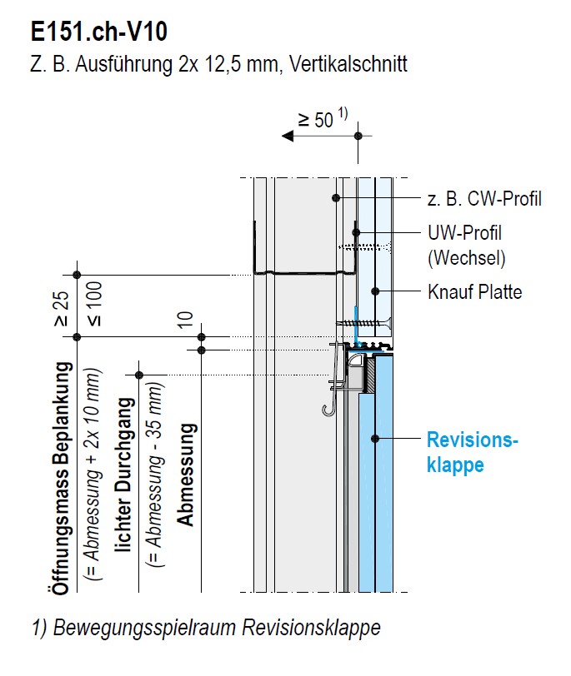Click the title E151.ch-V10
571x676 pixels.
click(99, 32)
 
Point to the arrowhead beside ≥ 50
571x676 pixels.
click(288, 135)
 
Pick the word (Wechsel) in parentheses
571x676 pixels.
click(467, 258)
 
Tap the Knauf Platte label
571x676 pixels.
click(474, 292)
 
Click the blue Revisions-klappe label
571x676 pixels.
click(471, 452)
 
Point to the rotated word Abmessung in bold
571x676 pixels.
click(187, 475)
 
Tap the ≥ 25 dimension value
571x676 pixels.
click(60, 309)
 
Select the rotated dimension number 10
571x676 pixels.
click(185, 319)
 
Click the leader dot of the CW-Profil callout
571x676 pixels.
click(337, 198)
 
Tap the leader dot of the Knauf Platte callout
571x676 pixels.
click(376, 291)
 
